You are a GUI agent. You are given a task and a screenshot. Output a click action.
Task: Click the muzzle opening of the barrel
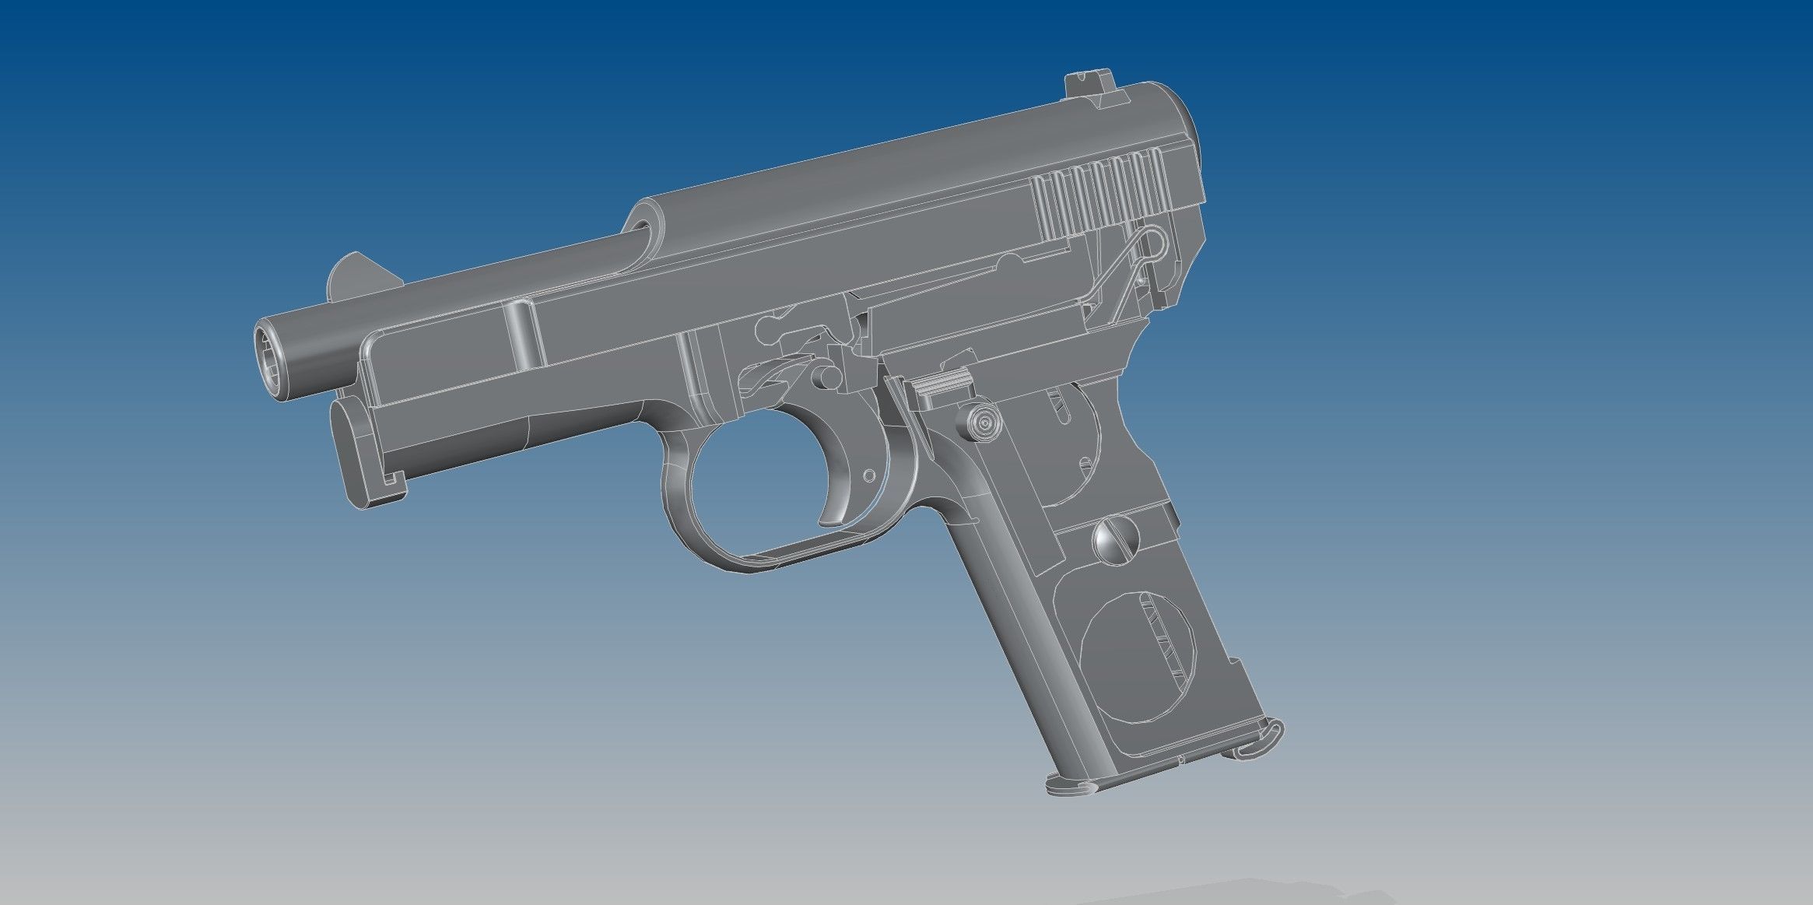pos(268,363)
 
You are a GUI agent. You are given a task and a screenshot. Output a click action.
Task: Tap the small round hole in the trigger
pos(869,475)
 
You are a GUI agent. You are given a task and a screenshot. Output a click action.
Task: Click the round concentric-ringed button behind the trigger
pos(984,423)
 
